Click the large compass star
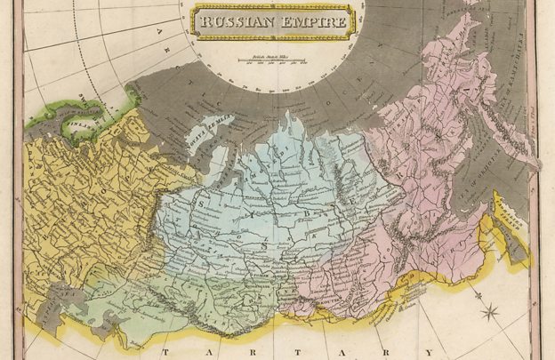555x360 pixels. (490, 312)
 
